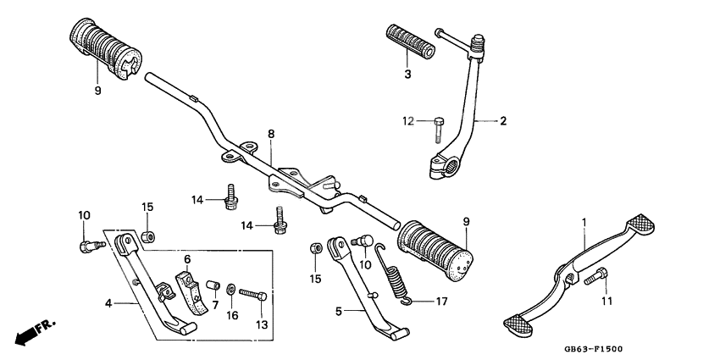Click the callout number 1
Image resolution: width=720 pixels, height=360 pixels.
[x=584, y=221]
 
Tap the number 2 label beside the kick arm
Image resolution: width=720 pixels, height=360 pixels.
[x=502, y=121]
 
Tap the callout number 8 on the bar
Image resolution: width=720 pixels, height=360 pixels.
[x=271, y=134]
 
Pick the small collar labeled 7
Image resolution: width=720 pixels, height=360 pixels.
[x=213, y=281]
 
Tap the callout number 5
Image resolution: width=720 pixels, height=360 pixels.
[x=338, y=312]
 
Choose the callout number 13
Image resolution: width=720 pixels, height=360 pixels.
[x=261, y=324]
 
